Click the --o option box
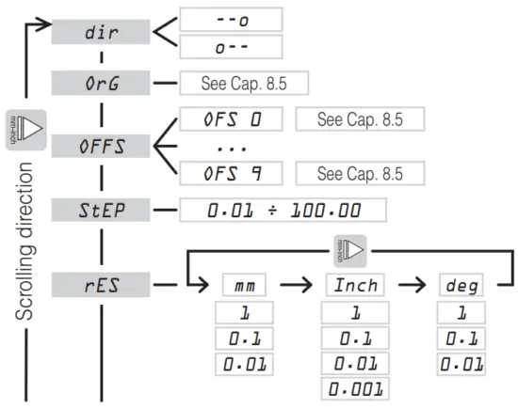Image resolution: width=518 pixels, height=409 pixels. pyautogui.click(x=230, y=18)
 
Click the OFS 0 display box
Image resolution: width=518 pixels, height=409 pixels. pyautogui.click(x=230, y=119)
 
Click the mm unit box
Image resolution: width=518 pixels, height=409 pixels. pyautogui.click(x=246, y=283)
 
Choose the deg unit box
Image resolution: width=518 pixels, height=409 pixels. pyautogui.click(x=461, y=283)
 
